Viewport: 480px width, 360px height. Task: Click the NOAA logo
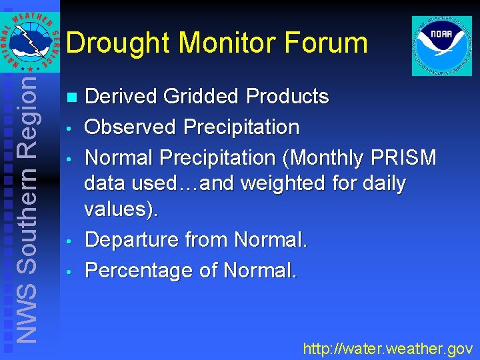442,45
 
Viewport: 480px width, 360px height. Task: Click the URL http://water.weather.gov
387,348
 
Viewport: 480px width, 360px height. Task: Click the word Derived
122,97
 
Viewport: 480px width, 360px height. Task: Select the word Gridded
202,97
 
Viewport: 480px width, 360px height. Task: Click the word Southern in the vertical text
26,215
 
